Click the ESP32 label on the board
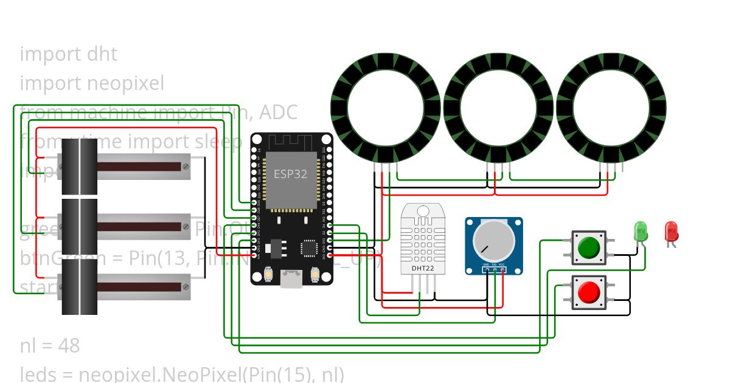click(290, 173)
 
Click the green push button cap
click(588, 247)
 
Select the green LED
click(641, 230)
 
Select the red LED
click(672, 230)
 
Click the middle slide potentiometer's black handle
click(80, 226)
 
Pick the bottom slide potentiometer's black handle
click(80, 286)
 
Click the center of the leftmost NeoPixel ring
click(386, 108)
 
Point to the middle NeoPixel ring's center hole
click(498, 108)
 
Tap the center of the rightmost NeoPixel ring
click(611, 108)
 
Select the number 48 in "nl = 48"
click(69, 346)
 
